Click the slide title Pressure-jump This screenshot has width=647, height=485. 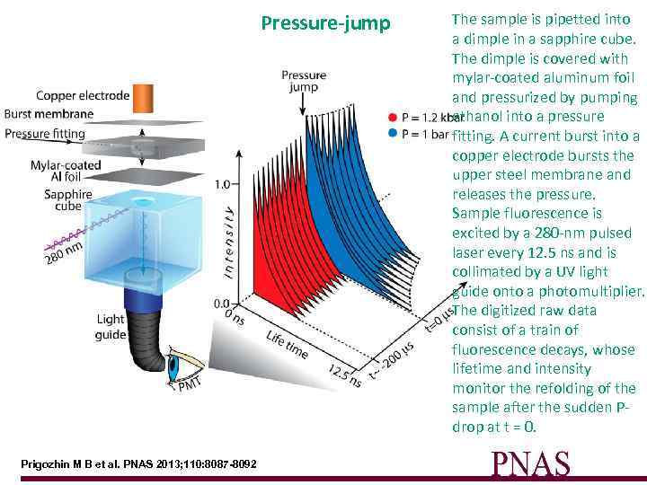(326, 23)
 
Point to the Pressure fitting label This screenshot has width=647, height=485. (45, 134)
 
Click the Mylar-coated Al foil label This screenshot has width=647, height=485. (60, 172)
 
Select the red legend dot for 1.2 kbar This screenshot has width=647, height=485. (392, 117)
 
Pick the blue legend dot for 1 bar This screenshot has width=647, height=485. (392, 134)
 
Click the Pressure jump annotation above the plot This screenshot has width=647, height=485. (304, 82)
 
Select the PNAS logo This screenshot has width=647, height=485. (530, 463)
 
